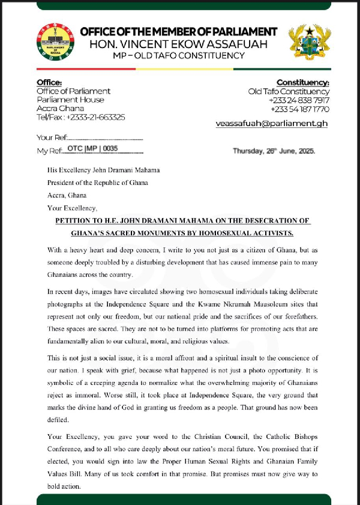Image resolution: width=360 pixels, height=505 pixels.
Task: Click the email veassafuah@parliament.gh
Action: [x=272, y=123]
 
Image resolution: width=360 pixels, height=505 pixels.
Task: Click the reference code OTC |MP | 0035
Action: [x=93, y=148]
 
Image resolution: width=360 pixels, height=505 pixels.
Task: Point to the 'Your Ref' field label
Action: [x=51, y=138]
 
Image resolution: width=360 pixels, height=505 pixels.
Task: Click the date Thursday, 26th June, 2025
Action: [x=274, y=151]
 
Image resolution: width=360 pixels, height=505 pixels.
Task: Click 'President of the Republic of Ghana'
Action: [x=98, y=183]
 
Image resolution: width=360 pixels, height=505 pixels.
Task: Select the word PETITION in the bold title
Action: [x=76, y=220]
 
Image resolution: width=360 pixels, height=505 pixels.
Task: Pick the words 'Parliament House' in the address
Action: [x=70, y=100]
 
